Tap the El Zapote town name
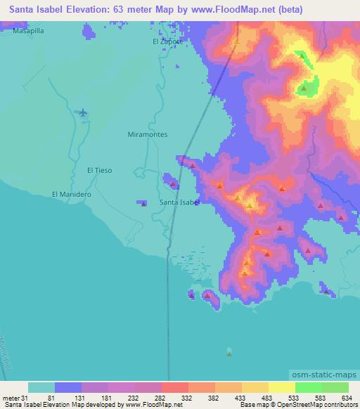point(168,41)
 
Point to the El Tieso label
point(99,170)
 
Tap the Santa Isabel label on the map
point(180,202)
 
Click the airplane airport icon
point(83,112)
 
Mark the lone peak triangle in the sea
point(229,352)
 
